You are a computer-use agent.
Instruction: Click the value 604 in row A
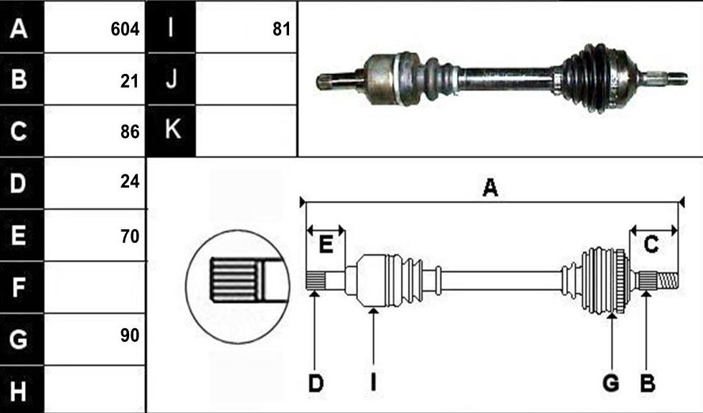(x=125, y=29)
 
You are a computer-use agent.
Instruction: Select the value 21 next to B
(x=130, y=81)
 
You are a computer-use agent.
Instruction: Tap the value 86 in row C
(x=130, y=131)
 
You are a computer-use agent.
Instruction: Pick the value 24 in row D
(x=130, y=181)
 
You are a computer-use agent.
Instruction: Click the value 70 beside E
(x=130, y=236)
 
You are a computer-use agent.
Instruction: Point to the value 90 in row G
(x=130, y=335)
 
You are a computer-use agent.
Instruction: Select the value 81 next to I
(x=281, y=29)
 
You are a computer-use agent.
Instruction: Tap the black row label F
(x=22, y=287)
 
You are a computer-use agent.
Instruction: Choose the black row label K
(x=171, y=131)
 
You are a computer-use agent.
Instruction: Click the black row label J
(x=171, y=79)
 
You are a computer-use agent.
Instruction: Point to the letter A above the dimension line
(x=490, y=187)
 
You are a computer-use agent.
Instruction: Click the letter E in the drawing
(x=326, y=245)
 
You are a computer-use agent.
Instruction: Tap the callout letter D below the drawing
(x=316, y=384)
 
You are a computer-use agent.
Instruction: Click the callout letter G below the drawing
(x=611, y=384)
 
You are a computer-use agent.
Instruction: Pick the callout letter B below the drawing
(x=647, y=384)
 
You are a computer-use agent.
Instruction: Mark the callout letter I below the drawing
(x=373, y=384)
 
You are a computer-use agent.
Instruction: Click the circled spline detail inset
(x=237, y=287)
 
